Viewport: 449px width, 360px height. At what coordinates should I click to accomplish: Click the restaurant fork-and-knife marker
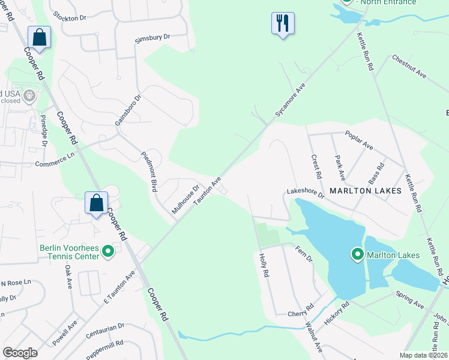coord(283,23)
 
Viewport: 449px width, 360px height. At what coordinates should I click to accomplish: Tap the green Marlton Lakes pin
coord(358,256)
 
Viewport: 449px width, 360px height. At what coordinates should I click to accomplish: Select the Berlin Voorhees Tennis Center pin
coord(108,251)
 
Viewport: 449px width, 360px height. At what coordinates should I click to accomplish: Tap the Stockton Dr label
coord(74,16)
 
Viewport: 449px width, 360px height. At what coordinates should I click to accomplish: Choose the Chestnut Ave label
coord(409,67)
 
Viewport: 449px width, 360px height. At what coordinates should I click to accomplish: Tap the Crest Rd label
coord(316,167)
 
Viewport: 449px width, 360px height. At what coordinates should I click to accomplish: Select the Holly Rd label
coord(264,264)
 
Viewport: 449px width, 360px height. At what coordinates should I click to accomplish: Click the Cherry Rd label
coord(301,312)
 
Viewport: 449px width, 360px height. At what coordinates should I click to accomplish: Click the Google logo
coord(20,352)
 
